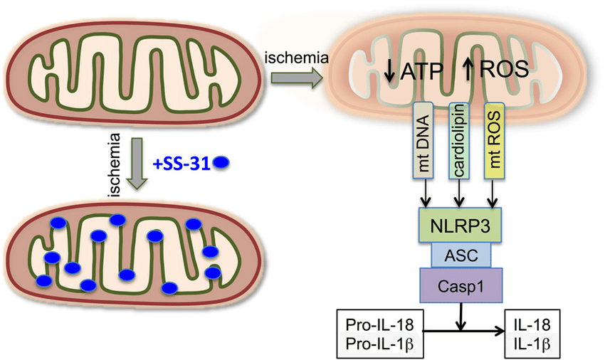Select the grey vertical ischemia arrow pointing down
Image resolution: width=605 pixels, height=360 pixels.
[x=136, y=171]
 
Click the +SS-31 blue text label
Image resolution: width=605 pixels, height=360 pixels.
[x=183, y=163]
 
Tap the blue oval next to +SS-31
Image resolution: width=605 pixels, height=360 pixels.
[x=222, y=163]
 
